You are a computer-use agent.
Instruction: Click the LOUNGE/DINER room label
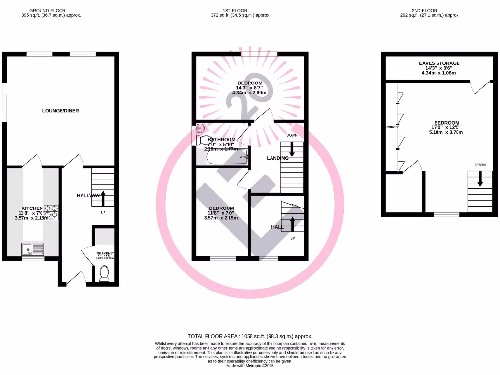coord(61,111)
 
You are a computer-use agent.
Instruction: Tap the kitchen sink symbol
coord(33,249)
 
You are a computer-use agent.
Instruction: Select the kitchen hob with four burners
coord(51,212)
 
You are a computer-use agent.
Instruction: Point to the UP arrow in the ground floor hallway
coord(103,198)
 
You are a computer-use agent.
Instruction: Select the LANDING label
coord(277,158)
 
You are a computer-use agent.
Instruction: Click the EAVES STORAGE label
coord(439,63)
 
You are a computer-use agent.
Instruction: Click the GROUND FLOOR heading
coord(51,10)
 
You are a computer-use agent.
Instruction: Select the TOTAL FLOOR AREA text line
coord(250,336)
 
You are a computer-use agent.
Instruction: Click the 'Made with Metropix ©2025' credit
coord(250,366)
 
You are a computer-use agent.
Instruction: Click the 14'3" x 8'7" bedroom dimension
coord(250,88)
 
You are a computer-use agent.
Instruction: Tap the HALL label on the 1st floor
coord(277,227)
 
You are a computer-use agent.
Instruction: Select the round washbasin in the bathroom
coord(201,129)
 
